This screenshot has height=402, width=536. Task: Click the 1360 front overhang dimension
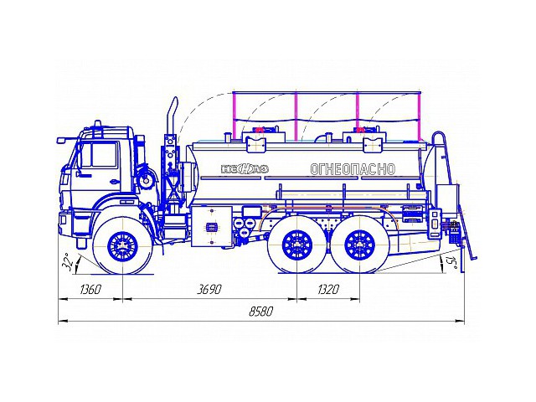click(90, 290)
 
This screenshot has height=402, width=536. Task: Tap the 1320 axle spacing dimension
click(328, 290)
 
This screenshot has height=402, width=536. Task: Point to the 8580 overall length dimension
click(260, 311)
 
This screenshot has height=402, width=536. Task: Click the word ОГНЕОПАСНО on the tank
click(352, 169)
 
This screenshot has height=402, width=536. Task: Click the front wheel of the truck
click(123, 246)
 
